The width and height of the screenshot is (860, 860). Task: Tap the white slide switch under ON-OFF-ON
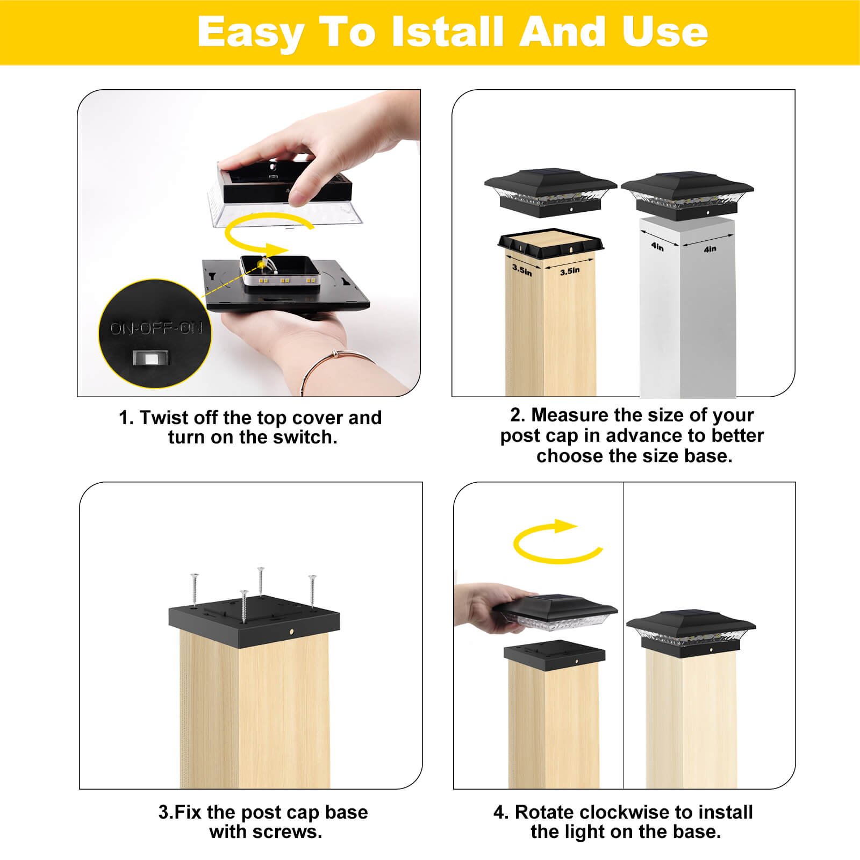pos(151,357)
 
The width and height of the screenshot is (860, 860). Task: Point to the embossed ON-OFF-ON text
pos(156,328)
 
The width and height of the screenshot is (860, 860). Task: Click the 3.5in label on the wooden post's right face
pos(570,271)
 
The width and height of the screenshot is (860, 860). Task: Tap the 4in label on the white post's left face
pos(657,246)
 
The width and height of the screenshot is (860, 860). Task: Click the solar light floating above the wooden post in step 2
pos(550,193)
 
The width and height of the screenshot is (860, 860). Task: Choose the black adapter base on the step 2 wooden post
pos(551,245)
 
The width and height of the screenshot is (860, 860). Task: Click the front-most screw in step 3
pos(244,606)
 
